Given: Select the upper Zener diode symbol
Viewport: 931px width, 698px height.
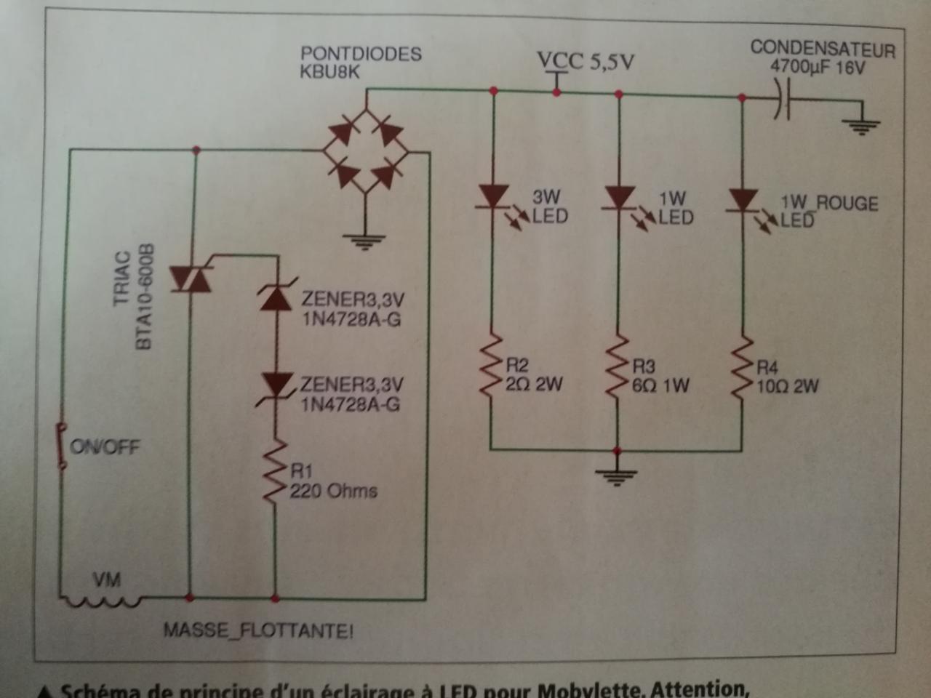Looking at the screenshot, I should tap(276, 298).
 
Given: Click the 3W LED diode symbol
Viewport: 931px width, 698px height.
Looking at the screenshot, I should tap(494, 196).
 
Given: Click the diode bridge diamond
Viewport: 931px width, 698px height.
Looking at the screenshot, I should tap(365, 153).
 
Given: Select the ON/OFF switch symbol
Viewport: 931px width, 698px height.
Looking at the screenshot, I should tap(62, 445).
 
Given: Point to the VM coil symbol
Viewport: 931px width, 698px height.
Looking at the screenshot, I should tap(101, 601).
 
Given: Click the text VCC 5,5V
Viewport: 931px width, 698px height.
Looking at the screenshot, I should tap(586, 62).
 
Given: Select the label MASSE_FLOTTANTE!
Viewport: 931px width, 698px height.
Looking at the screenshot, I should tap(258, 630).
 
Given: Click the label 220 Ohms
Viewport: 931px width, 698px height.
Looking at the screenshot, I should tap(333, 491).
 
